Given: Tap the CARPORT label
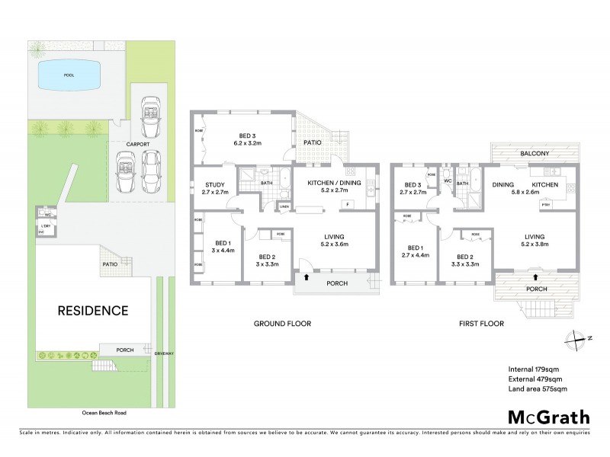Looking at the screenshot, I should (x=137, y=143).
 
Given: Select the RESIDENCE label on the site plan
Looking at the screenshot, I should (x=92, y=311).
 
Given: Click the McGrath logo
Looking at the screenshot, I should (x=549, y=417).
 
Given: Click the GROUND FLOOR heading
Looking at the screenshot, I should (x=282, y=324).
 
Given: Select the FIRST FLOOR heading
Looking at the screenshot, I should (x=479, y=324).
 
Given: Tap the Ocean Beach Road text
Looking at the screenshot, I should (x=104, y=413).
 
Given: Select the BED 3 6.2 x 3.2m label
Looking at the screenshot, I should (x=247, y=138).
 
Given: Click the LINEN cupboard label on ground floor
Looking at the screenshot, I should (x=284, y=206).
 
